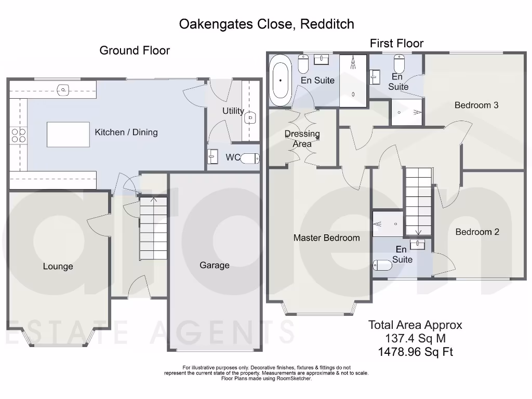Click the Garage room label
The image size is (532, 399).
(x=215, y=265)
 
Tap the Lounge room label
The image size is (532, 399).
(x=58, y=267)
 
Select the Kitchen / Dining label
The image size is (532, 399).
(x=126, y=132)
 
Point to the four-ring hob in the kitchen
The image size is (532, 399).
(x=19, y=136)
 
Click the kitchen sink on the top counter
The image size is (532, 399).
(x=63, y=90)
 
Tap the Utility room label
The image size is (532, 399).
(x=233, y=111)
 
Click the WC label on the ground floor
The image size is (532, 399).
(x=233, y=157)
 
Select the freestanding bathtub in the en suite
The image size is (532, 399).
(x=281, y=81)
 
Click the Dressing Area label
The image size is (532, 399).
(x=302, y=139)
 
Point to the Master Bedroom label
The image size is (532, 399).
(x=326, y=238)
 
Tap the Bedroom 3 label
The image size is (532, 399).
(x=476, y=105)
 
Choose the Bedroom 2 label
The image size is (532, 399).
(x=477, y=232)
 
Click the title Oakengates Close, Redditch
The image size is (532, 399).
(x=267, y=24)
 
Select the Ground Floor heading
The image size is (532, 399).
(x=135, y=50)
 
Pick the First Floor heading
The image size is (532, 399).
(x=396, y=44)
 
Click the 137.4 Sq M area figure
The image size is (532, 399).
(x=415, y=339)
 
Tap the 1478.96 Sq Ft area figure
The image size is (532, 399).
(x=415, y=352)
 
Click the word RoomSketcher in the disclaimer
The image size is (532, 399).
(x=295, y=379)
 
